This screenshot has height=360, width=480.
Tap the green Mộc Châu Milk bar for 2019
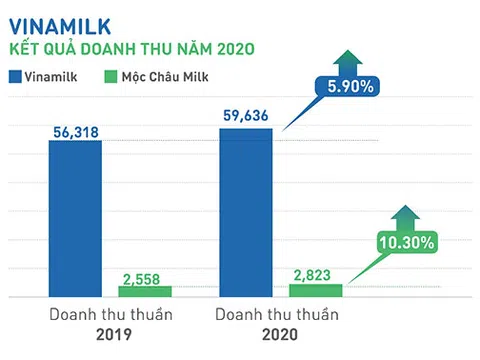pos(145,291)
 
